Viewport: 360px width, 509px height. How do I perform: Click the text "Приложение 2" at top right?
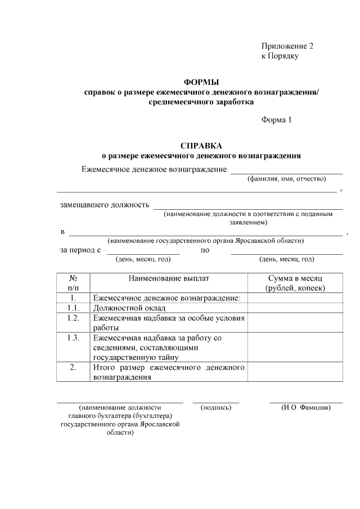click(287, 46)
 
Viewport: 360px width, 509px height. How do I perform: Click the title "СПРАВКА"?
click(201, 145)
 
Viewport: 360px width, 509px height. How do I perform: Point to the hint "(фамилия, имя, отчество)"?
click(287, 179)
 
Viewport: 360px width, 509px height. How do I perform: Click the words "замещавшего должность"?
click(105, 205)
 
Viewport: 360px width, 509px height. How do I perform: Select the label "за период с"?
click(80, 250)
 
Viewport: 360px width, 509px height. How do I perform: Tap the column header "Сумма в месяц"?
click(295, 278)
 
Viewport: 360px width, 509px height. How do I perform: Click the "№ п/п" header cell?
click(73, 283)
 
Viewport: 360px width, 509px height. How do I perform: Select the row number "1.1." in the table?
click(73, 308)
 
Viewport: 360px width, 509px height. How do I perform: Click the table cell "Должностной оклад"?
click(129, 308)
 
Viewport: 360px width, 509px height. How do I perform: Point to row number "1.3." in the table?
click(73, 337)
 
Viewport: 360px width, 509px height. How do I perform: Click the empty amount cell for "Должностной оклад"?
click(295, 308)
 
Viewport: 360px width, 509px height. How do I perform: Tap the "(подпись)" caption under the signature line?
click(216, 407)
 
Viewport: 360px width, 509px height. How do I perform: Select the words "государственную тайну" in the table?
click(136, 357)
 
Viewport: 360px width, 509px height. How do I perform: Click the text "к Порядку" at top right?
click(280, 56)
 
